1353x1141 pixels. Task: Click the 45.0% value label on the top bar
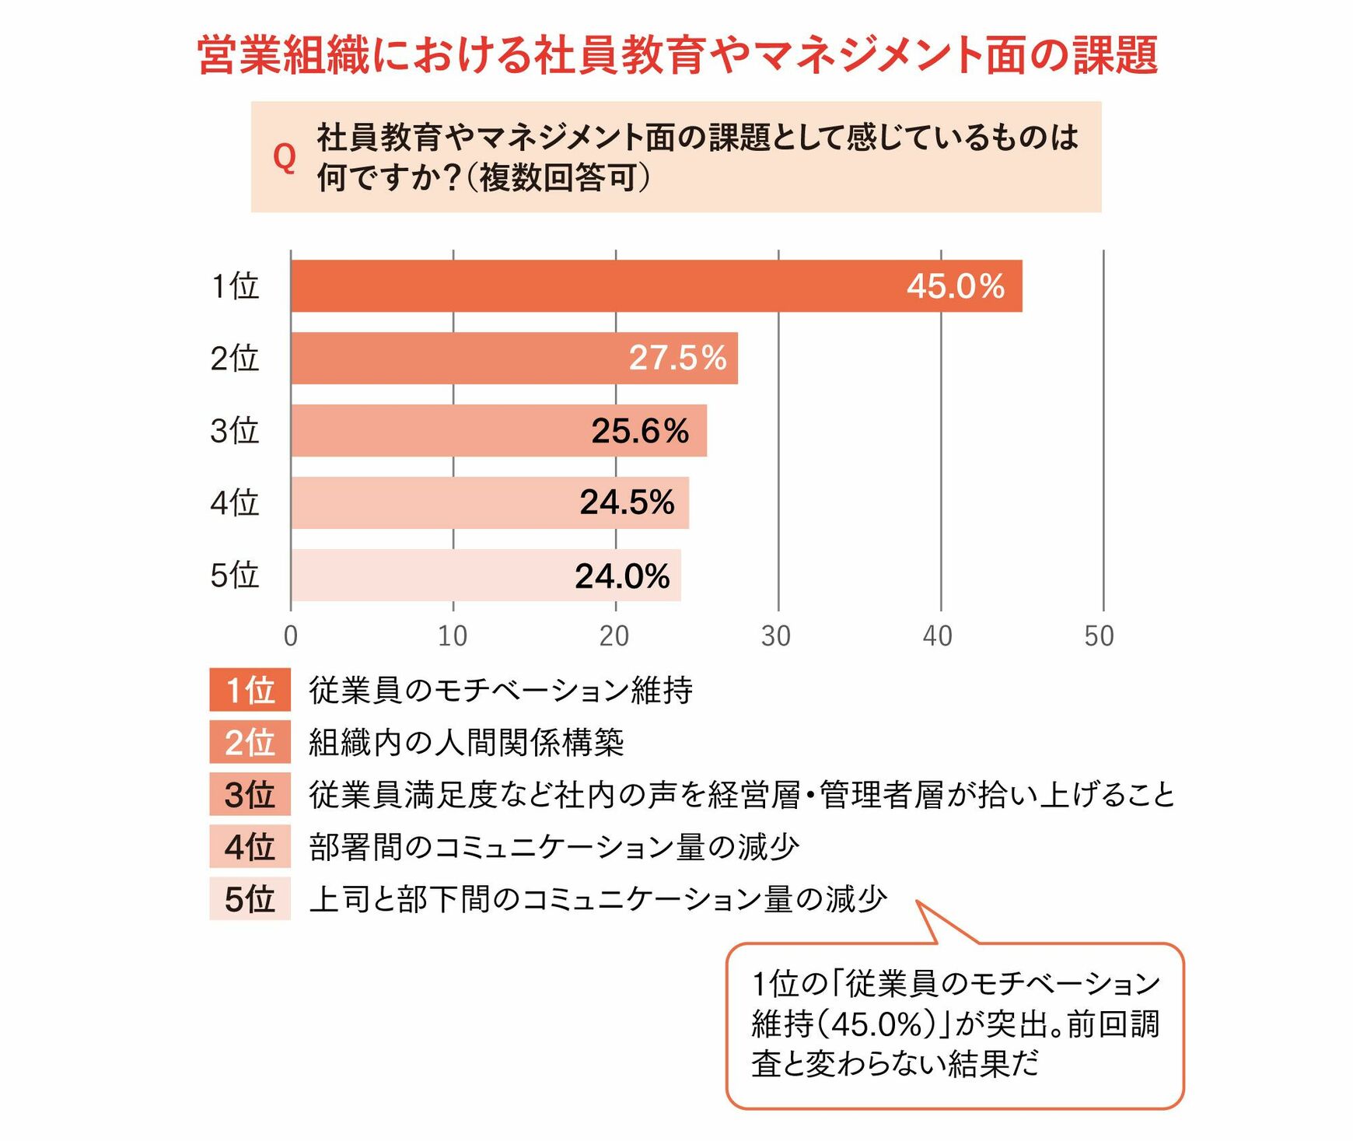pos(955,286)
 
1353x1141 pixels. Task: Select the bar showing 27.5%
pos(514,359)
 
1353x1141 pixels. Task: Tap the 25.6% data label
pos(639,431)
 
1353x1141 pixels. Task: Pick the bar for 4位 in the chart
pos(490,503)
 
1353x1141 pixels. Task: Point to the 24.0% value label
pos(622,576)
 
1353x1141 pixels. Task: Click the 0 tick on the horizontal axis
pos(291,636)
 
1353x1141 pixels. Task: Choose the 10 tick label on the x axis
pos(453,636)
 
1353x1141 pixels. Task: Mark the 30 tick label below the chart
pos(776,636)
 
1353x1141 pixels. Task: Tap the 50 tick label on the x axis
pos(1100,636)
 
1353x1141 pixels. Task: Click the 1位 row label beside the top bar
pos(235,286)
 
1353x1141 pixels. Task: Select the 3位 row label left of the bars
pos(234,431)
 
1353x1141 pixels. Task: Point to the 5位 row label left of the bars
pos(234,576)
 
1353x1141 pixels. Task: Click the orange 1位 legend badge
pos(250,690)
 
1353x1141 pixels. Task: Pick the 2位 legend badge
pos(250,742)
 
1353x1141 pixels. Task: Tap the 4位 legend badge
pos(250,846)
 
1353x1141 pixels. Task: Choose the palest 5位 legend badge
pos(250,898)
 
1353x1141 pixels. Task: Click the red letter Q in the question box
pos(285,157)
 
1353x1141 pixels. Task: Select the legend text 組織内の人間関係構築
pos(467,742)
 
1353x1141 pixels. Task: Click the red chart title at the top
pos(677,55)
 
